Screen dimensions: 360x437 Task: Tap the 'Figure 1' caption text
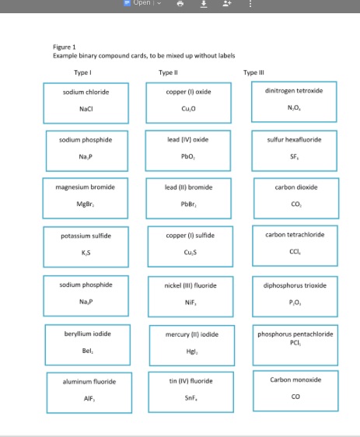click(64, 47)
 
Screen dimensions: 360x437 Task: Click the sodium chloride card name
click(86, 92)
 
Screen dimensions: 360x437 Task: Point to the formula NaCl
click(86, 109)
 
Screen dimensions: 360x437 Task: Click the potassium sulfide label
click(86, 235)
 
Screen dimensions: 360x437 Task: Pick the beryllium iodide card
click(86, 341)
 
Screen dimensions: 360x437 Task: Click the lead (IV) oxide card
click(188, 149)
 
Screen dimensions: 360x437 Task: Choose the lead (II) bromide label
click(188, 187)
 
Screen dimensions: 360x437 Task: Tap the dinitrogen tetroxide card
click(294, 100)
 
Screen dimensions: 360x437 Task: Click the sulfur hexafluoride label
click(294, 139)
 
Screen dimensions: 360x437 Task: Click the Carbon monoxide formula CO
click(295, 397)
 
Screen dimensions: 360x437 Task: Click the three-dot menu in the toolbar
click(249, 4)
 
